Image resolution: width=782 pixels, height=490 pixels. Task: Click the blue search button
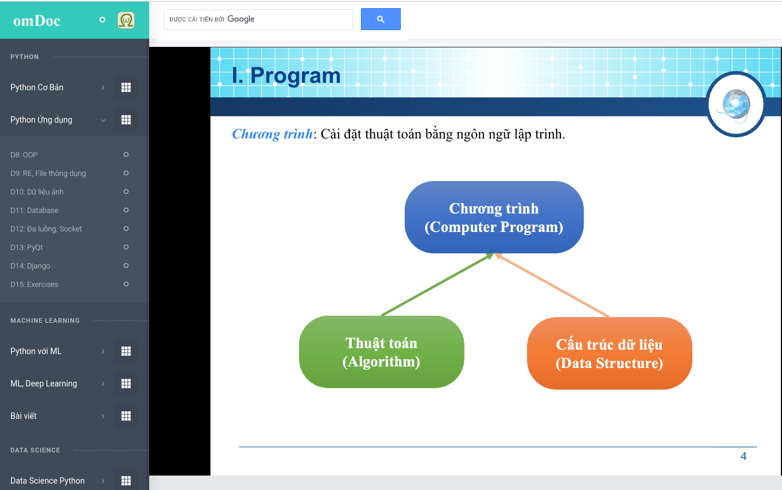click(x=381, y=19)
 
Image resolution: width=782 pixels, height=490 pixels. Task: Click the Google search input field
click(x=258, y=19)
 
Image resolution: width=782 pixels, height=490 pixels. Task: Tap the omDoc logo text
click(x=36, y=21)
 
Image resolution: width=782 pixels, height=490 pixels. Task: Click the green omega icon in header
click(x=126, y=20)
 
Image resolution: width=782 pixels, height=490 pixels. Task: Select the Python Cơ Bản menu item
click(x=37, y=87)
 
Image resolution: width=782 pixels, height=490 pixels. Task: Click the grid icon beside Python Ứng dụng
click(x=126, y=120)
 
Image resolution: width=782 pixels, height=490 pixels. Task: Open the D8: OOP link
click(x=24, y=154)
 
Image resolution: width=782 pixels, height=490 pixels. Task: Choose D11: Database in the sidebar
click(x=34, y=210)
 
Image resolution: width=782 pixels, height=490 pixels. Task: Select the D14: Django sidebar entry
click(x=31, y=266)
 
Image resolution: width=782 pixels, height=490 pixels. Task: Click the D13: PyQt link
click(x=27, y=247)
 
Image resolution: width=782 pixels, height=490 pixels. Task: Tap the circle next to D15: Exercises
click(x=126, y=284)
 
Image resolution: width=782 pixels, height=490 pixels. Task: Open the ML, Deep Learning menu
click(x=43, y=384)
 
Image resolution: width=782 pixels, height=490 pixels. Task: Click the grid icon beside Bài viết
click(x=126, y=416)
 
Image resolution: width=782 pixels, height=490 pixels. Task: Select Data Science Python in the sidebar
click(x=47, y=481)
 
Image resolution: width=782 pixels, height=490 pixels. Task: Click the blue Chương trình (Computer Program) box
click(x=494, y=218)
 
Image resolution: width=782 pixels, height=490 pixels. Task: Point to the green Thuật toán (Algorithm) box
click(x=382, y=352)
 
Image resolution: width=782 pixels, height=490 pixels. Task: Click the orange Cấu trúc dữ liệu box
click(x=610, y=353)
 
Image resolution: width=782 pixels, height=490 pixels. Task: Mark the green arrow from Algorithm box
click(x=438, y=284)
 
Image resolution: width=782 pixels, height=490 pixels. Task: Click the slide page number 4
click(x=744, y=456)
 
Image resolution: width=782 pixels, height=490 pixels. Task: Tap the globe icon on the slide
click(x=736, y=104)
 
